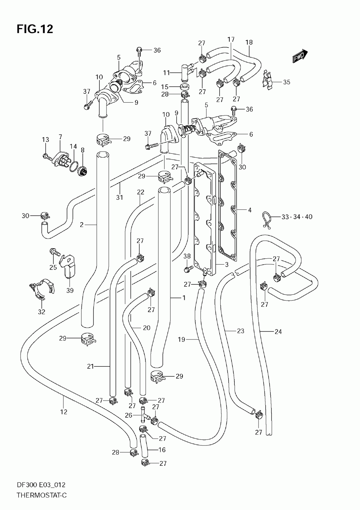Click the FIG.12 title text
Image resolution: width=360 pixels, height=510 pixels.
click(x=35, y=29)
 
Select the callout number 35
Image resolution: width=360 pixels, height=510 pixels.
click(x=287, y=82)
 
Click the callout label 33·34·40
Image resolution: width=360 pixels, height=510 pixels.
click(x=297, y=217)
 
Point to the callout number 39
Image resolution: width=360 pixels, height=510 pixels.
click(x=70, y=290)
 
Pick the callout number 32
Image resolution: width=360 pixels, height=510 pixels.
click(x=41, y=312)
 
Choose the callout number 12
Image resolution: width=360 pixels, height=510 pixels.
click(x=64, y=412)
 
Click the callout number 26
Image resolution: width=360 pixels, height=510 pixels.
click(x=129, y=415)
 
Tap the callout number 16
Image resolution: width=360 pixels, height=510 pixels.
click(x=162, y=450)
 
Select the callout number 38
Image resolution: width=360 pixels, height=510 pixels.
click(x=187, y=256)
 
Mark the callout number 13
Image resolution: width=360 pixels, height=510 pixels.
click(x=45, y=139)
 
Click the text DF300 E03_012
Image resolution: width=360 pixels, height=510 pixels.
click(x=41, y=485)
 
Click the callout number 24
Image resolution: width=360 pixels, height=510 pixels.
click(x=278, y=332)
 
